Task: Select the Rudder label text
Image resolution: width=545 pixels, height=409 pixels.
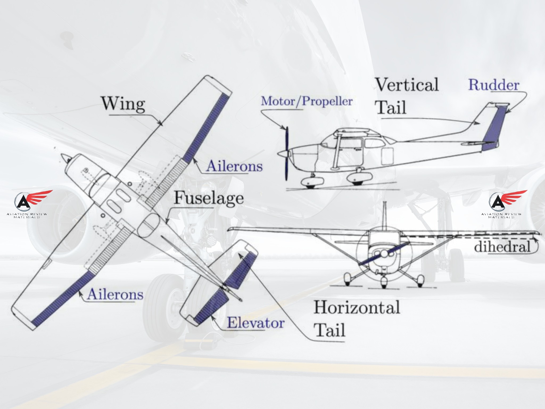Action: (494, 85)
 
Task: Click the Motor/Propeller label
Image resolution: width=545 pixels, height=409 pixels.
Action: (307, 101)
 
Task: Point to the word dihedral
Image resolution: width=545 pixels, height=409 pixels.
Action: (502, 247)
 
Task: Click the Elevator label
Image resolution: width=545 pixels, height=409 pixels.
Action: (256, 323)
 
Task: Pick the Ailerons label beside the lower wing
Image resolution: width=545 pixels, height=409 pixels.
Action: (115, 294)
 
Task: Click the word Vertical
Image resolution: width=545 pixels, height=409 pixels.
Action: (407, 85)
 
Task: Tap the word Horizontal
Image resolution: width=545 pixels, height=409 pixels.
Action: (357, 307)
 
